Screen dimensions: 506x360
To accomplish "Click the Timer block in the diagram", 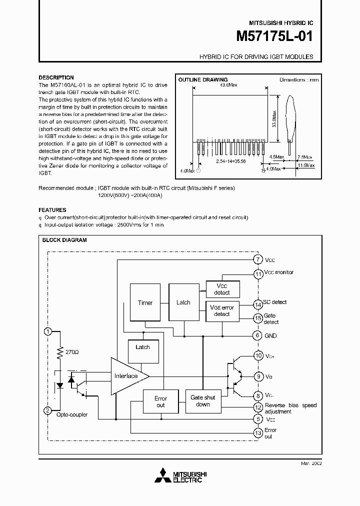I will tap(145, 302).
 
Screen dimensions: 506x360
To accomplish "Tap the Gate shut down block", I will tap(203, 401).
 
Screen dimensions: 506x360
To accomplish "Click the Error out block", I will tap(160, 401).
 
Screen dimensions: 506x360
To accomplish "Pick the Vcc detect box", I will tap(222, 289).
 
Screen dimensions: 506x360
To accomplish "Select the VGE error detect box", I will tap(222, 310).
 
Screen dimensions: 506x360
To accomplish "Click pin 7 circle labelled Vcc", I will tap(257, 259).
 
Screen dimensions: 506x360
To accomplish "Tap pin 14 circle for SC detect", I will tap(257, 304).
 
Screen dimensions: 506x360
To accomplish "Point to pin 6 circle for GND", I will tap(257, 335).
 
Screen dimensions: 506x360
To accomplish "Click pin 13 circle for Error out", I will tap(257, 432).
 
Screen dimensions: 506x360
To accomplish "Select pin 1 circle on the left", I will tap(48, 331).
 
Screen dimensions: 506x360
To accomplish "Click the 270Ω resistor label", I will tap(72, 352).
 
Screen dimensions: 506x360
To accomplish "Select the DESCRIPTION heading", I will tap(56, 77).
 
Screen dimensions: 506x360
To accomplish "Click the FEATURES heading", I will tap(52, 210).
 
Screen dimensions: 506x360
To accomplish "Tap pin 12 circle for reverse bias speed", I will tap(257, 407).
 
